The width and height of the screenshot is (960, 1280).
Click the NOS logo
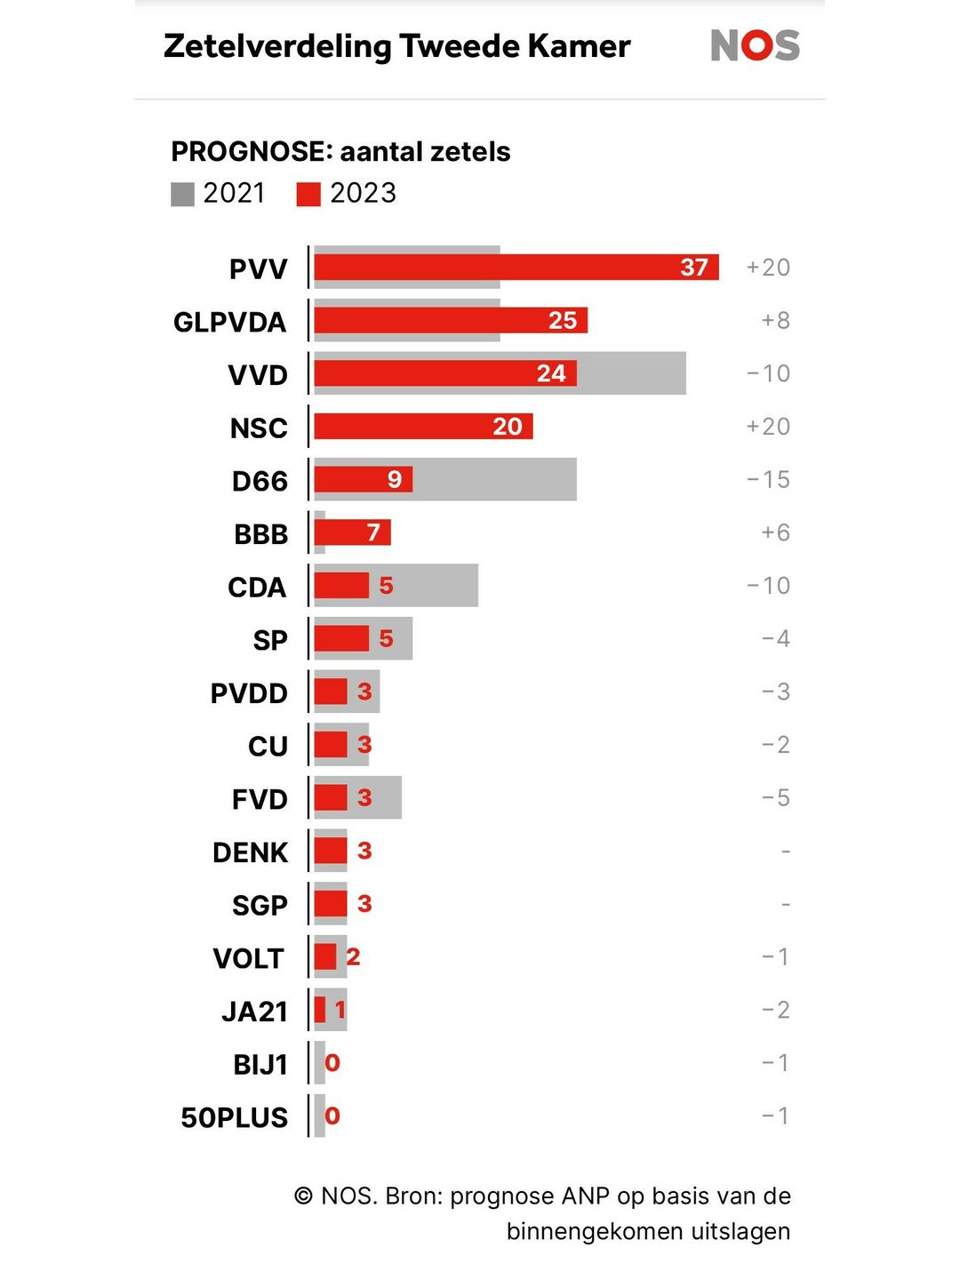pos(755,45)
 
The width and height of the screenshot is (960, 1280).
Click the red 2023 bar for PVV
pos(498,267)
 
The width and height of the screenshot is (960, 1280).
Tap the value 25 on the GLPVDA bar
pos(562,320)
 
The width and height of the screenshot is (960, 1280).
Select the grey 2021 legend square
pos(182,194)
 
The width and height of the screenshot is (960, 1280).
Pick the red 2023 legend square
pos(308,194)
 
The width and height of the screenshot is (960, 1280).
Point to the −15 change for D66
pos(768,479)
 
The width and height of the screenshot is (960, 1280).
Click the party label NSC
pos(259,428)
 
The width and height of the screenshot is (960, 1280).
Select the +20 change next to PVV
pos(768,267)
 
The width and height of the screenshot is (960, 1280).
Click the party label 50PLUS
pos(235,1117)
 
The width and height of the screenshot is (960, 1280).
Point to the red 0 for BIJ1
pos(332,1063)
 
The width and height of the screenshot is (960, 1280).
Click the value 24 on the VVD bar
pos(551,373)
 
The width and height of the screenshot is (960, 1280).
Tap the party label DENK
pos(251,852)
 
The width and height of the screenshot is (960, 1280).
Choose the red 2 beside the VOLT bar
pos(353,956)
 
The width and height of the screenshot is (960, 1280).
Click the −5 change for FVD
pos(775,797)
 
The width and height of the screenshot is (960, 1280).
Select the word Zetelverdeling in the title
pos(276,46)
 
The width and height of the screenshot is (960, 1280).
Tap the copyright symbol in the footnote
pos(304,1196)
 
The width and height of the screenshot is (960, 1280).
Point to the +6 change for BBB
pos(775,532)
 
